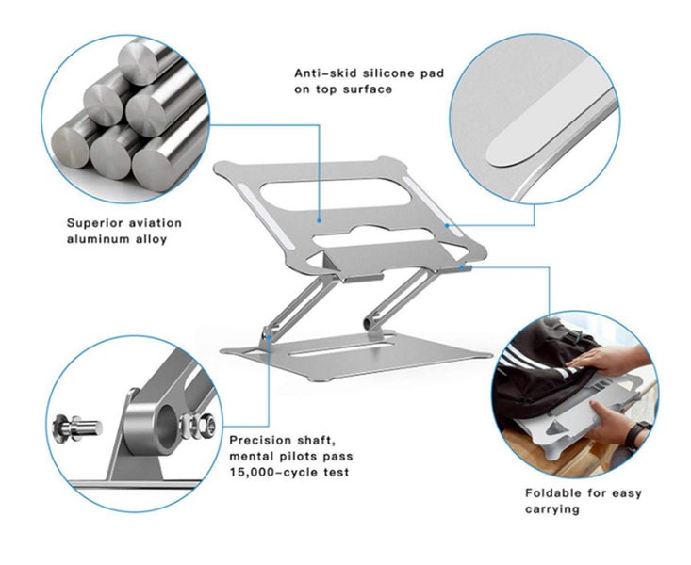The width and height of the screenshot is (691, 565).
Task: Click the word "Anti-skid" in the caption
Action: [x=323, y=73]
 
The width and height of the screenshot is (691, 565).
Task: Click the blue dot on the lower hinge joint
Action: [x=268, y=332]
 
